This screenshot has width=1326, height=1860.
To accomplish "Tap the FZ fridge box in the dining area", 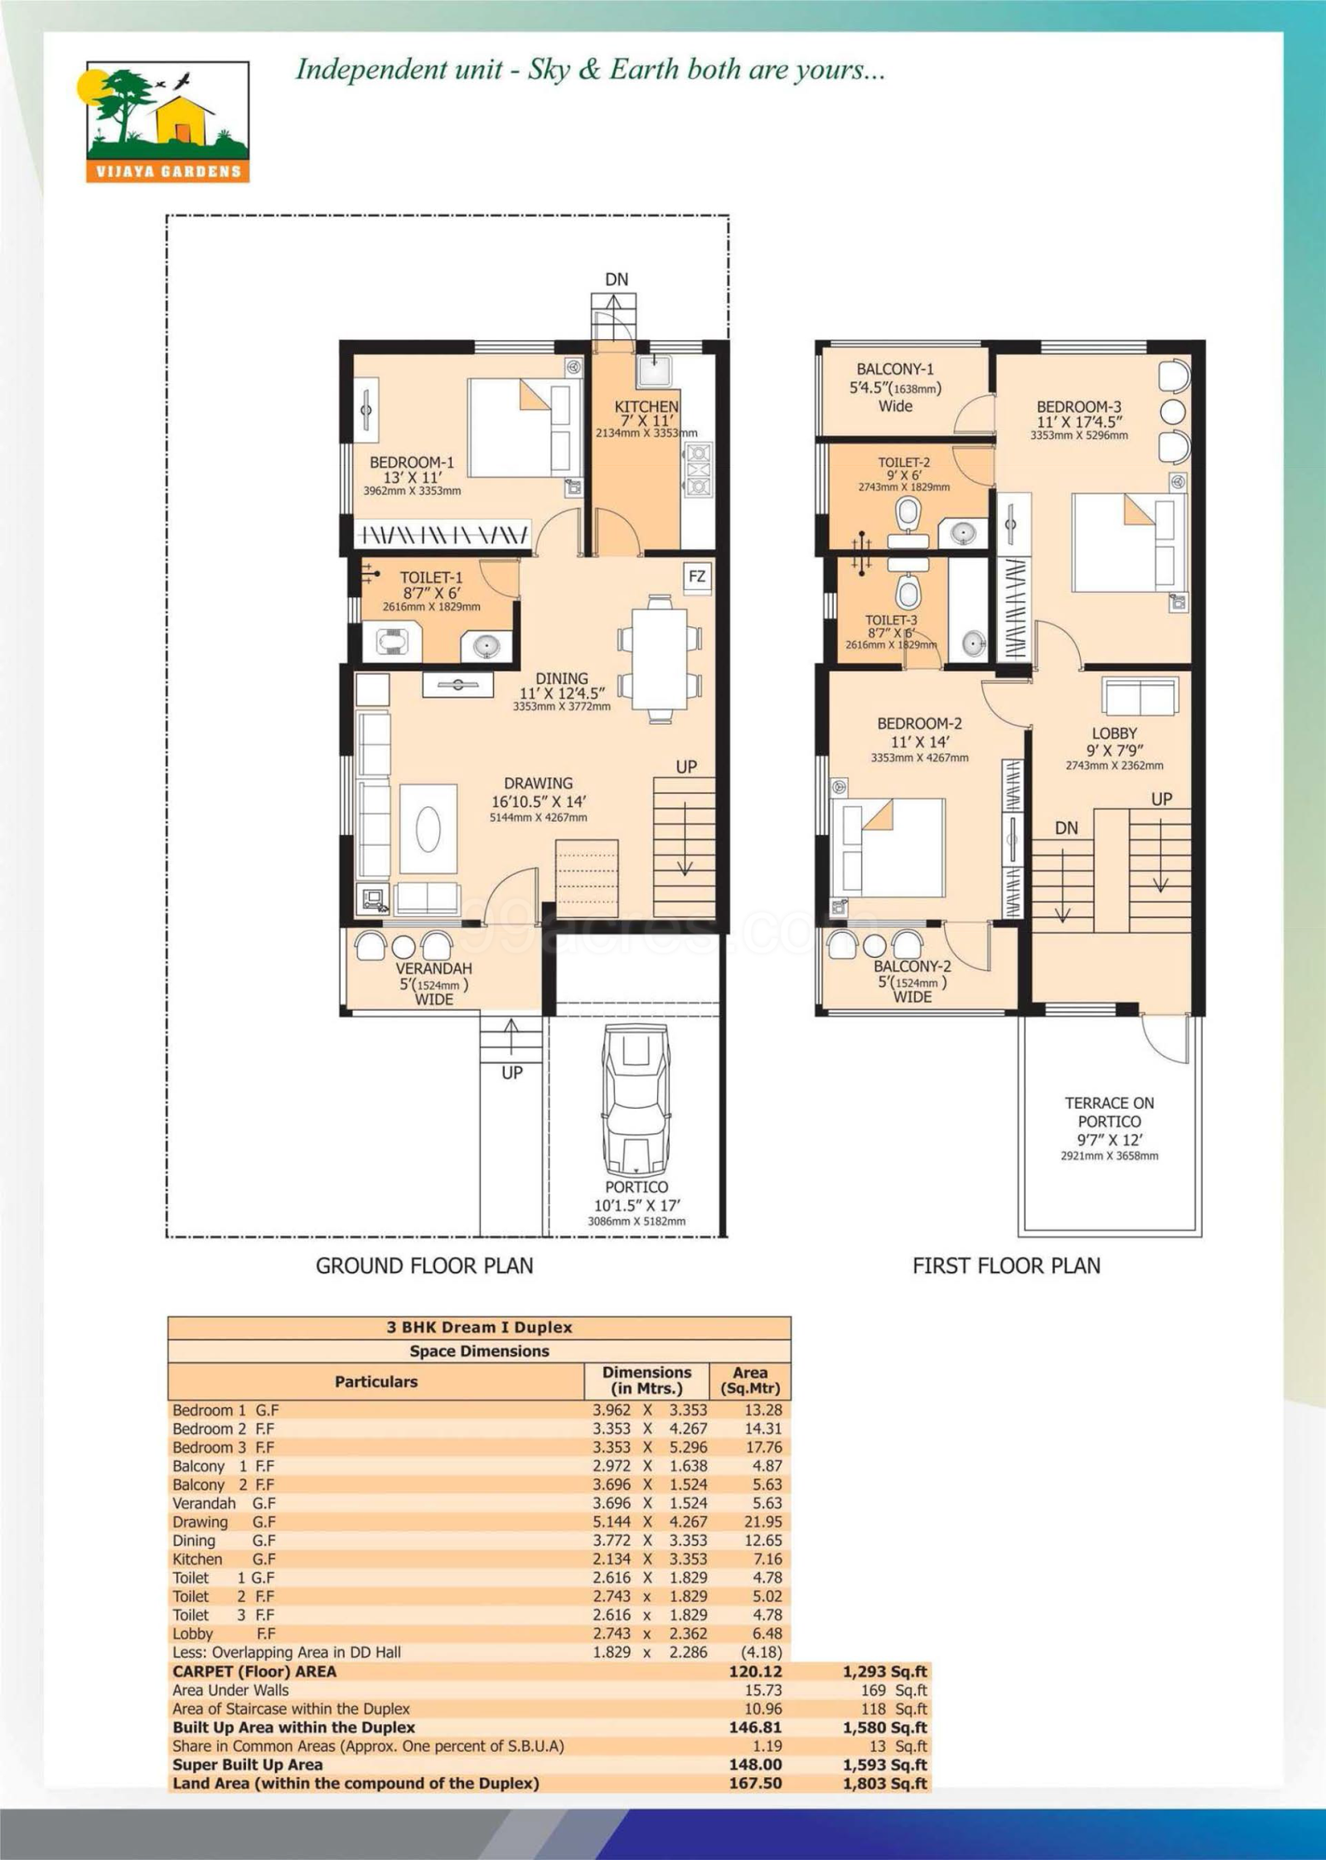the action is (697, 576).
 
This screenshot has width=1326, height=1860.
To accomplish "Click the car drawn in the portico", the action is (636, 1097).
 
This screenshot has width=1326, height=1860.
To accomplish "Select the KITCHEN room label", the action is (646, 406).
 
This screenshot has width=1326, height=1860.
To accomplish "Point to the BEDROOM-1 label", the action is (411, 462).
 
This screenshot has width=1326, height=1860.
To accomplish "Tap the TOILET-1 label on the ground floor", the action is (431, 577).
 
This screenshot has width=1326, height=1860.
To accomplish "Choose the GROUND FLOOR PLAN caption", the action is (424, 1266).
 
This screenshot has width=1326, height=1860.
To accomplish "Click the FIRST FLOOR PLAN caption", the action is (1006, 1266).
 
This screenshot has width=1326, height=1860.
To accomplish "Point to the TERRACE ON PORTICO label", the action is (1109, 1112).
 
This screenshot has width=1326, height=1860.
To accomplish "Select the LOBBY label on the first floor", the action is (1114, 733).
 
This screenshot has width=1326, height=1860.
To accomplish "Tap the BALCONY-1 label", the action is (895, 369).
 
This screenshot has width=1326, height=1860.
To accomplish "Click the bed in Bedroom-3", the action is (1128, 542).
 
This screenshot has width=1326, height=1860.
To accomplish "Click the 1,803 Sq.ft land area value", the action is (885, 1783).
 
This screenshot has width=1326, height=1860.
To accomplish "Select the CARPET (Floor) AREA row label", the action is (254, 1671).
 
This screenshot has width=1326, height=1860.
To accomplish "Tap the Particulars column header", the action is (375, 1382).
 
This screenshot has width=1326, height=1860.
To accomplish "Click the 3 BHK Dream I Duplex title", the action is (479, 1327).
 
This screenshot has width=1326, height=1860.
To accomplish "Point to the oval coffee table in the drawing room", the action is (428, 829).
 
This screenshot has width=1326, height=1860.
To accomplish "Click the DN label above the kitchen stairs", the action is (617, 279).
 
